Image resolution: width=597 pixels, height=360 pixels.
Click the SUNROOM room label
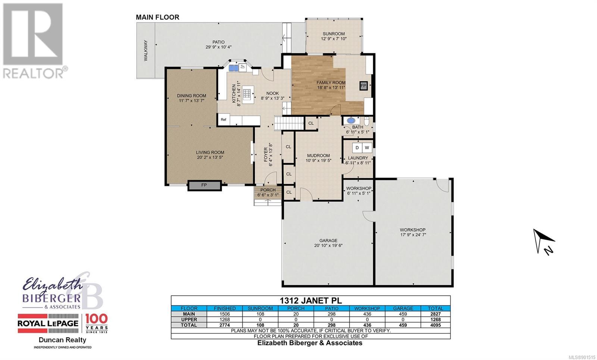click(x=334, y=34)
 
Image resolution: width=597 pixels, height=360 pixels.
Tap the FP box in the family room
click(x=363, y=86)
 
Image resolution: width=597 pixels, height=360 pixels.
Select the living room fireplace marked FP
click(x=204, y=185)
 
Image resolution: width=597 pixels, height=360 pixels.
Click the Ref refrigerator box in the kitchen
click(x=224, y=120)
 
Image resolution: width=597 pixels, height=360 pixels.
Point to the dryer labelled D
click(x=357, y=148)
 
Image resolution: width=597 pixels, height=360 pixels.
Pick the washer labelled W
click(x=367, y=148)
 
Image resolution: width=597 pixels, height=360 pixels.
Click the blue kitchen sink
click(x=234, y=68)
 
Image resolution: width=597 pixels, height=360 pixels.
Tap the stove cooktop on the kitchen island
click(x=247, y=93)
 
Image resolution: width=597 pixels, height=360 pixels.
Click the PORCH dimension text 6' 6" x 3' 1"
click(x=268, y=195)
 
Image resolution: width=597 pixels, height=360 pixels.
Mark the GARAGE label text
click(x=328, y=240)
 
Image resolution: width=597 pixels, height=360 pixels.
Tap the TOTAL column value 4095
click(x=435, y=325)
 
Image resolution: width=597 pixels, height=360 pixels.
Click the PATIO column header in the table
click(x=332, y=308)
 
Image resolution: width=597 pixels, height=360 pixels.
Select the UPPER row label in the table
click(x=189, y=319)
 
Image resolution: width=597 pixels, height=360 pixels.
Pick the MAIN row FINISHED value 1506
click(x=225, y=314)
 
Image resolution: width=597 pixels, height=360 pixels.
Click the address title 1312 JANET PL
click(x=310, y=301)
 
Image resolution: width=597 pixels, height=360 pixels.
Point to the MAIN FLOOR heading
click(x=157, y=17)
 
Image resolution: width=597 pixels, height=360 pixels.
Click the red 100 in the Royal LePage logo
click(x=96, y=319)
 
